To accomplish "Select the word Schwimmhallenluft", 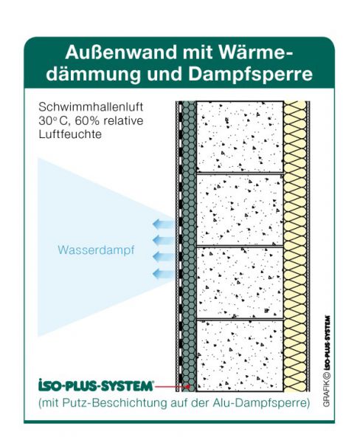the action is pyautogui.click(x=91, y=107).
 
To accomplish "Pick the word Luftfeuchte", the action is pyautogui.click(x=70, y=134).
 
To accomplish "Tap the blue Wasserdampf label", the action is pyautogui.click(x=96, y=250).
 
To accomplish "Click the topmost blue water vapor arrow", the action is pyautogui.click(x=164, y=224).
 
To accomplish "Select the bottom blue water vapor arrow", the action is pyautogui.click(x=164, y=274).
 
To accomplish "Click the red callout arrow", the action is pyautogui.click(x=172, y=386).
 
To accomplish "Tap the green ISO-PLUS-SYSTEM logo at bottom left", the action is pyautogui.click(x=95, y=385).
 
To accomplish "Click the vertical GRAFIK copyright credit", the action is pyautogui.click(x=326, y=362).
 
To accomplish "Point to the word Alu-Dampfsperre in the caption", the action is pyautogui.click(x=260, y=403).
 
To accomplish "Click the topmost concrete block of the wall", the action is pyautogui.click(x=240, y=137).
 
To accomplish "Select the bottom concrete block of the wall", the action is pyautogui.click(x=240, y=356).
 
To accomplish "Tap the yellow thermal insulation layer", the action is pyautogui.click(x=295, y=247).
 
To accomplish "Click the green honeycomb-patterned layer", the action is pyautogui.click(x=189, y=247).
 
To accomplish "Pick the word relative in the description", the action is pyautogui.click(x=123, y=120).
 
